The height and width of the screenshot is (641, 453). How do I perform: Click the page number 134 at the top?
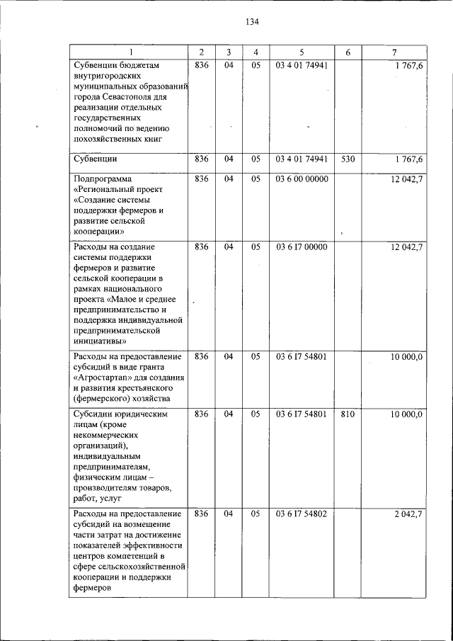click(253, 22)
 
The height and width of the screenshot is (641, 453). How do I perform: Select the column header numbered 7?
click(394, 52)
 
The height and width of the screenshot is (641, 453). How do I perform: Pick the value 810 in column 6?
click(347, 414)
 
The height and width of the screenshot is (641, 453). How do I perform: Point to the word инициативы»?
click(99, 340)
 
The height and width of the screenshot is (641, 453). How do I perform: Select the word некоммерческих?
click(105, 436)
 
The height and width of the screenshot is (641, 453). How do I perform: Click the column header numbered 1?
click(130, 52)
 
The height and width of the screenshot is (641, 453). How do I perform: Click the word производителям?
click(106, 489)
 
